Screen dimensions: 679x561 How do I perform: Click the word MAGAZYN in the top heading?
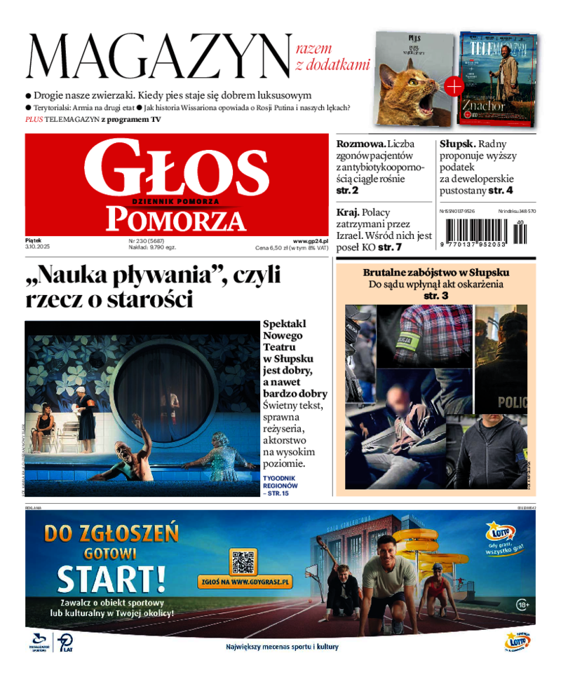tap(158, 59)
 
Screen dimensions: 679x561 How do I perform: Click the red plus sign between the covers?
tap(454, 86)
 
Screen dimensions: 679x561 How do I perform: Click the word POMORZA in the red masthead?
tap(176, 219)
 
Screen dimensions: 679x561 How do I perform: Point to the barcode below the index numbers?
tap(485, 231)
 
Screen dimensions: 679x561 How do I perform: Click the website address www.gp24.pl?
tap(310, 240)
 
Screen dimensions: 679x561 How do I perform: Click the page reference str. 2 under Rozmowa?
tap(347, 190)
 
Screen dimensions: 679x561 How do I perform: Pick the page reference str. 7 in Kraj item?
tap(390, 247)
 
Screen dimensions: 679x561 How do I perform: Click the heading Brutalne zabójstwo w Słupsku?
tap(435, 273)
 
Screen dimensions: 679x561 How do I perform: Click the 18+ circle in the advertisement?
tap(522, 604)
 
